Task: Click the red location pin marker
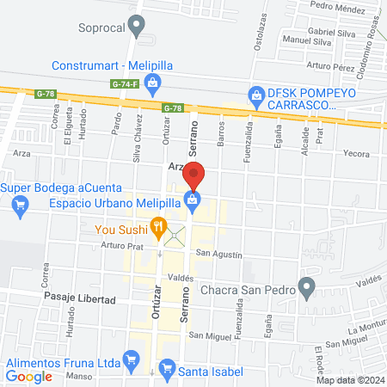coord(194,175)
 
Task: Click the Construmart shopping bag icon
coord(152,83)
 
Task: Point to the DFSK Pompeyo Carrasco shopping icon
coord(255,94)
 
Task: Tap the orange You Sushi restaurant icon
coord(158,228)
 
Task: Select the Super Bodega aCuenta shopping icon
coord(21,205)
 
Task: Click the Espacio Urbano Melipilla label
coord(113,202)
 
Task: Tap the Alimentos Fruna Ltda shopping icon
coord(131,358)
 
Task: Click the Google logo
coord(29,376)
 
